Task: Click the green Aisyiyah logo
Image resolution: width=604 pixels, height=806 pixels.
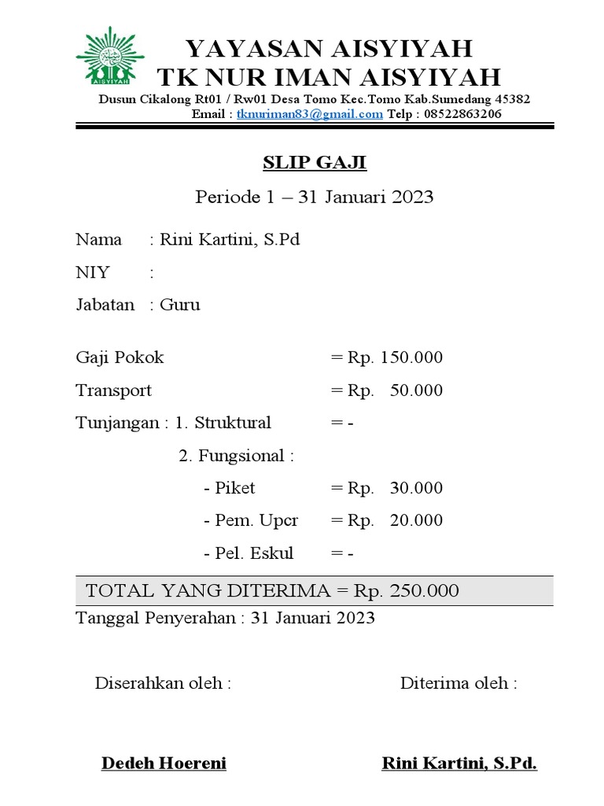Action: click(110, 57)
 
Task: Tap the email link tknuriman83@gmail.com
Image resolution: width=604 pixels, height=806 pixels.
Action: click(310, 114)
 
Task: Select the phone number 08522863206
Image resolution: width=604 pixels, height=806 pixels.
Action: click(458, 114)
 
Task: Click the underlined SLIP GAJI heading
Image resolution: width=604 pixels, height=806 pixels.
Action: click(315, 163)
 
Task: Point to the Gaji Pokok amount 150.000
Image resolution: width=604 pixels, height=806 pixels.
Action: click(411, 358)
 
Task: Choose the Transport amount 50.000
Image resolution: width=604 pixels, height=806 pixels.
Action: click(416, 390)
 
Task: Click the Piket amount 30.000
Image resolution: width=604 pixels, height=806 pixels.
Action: click(416, 488)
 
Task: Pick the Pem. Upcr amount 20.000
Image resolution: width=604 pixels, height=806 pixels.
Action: click(416, 520)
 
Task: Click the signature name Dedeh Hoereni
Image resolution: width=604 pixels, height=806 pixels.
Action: click(164, 763)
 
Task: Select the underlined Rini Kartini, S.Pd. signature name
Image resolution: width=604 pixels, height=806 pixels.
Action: click(459, 763)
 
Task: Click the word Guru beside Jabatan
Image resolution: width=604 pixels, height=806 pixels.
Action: click(180, 305)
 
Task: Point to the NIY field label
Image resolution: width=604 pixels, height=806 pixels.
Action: click(93, 272)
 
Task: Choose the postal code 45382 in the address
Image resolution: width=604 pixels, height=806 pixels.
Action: click(510, 99)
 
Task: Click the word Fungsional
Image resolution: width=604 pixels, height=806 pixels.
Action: click(241, 456)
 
